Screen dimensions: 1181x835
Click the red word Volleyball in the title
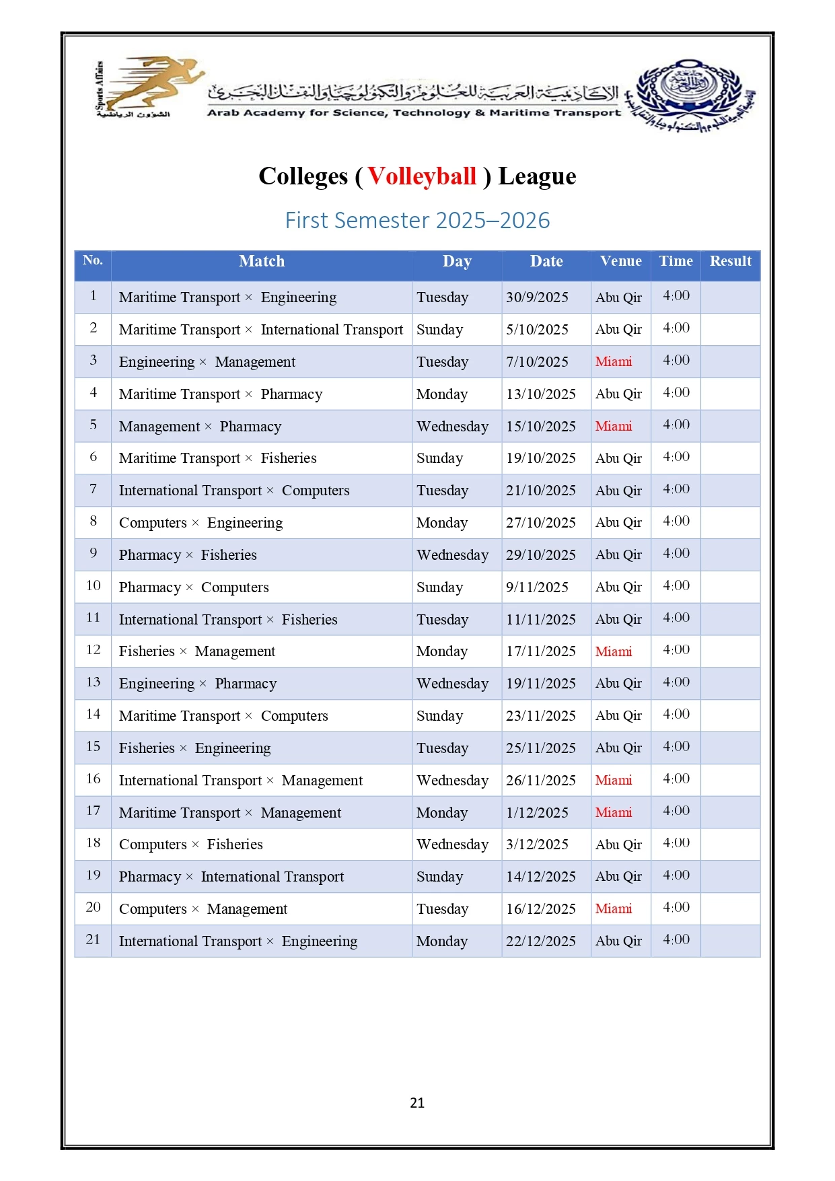point(422,176)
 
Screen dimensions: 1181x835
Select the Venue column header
point(620,261)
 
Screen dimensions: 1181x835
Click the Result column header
point(730,261)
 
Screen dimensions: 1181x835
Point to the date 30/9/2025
point(537,297)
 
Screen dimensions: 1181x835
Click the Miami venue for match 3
point(614,362)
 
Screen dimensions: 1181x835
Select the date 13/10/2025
point(540,394)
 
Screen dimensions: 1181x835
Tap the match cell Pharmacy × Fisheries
point(188,555)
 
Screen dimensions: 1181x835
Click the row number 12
point(94,650)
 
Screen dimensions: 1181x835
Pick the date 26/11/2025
point(540,781)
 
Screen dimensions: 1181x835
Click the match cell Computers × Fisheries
point(190,845)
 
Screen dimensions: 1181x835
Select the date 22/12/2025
point(540,941)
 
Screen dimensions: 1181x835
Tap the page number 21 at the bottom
point(417,1102)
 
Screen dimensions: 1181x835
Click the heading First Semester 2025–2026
point(417,221)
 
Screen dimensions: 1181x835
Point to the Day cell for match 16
point(452,781)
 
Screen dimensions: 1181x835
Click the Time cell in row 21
point(676,940)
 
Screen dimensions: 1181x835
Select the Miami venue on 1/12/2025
point(614,813)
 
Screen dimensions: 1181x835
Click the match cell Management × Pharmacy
point(200,427)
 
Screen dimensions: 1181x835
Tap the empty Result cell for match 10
point(730,587)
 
